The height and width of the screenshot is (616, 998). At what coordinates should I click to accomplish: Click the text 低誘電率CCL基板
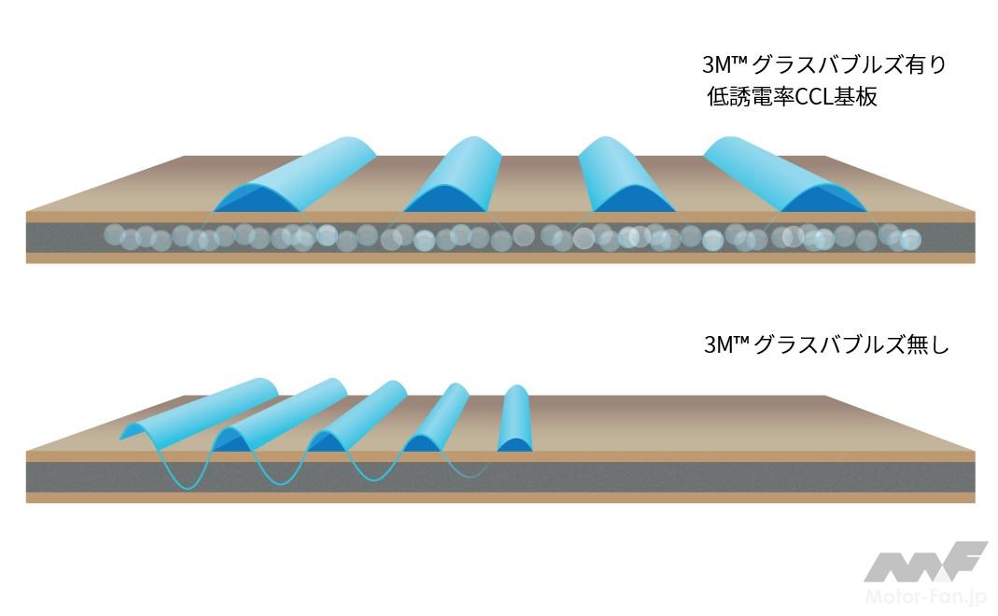pyautogui.click(x=793, y=96)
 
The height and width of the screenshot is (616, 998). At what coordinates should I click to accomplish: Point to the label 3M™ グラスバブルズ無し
pyautogui.click(x=825, y=345)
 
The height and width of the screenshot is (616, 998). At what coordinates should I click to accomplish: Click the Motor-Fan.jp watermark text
pyautogui.click(x=923, y=595)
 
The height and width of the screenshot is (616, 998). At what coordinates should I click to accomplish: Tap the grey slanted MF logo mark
pyautogui.click(x=924, y=563)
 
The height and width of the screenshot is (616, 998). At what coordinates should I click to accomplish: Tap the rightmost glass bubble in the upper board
pyautogui.click(x=910, y=240)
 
